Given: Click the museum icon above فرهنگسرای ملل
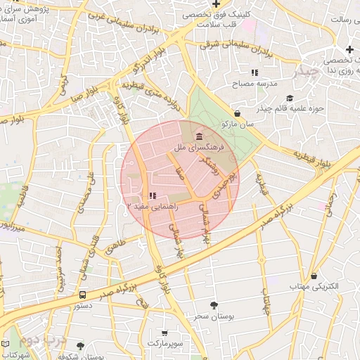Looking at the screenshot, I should [200, 136].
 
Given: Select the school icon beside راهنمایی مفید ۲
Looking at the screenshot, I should [153, 197].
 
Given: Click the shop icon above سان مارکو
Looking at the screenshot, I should [237, 113].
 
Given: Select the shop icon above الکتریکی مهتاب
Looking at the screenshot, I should [314, 276].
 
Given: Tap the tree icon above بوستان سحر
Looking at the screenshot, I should [214, 304].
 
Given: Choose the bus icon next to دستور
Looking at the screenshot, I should [83, 295].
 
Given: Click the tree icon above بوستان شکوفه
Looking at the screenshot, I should [80, 345].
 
